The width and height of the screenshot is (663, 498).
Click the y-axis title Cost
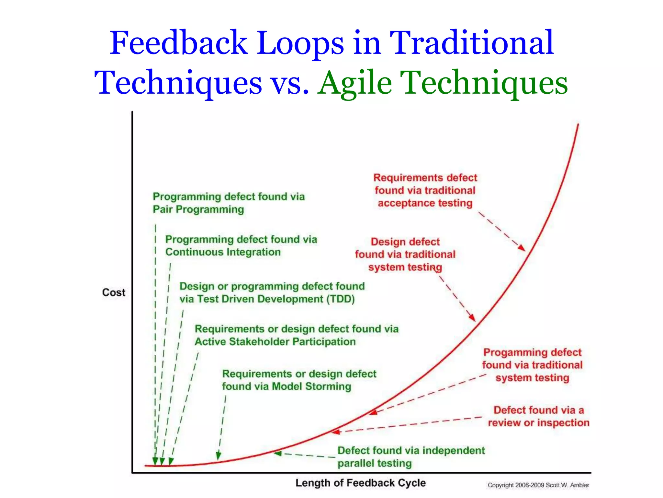114,292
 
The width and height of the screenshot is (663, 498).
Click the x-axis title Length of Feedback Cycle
360,483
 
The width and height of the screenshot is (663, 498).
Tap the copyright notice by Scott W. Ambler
538,485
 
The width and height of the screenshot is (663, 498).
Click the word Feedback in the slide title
179,43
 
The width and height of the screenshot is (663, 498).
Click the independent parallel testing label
411,456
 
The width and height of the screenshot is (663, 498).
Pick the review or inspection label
538,416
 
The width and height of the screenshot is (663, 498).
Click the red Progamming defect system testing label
532,365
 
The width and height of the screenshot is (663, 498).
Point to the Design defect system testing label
405,255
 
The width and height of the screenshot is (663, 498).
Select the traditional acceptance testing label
425,190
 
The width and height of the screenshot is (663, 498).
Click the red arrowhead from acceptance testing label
522,248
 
